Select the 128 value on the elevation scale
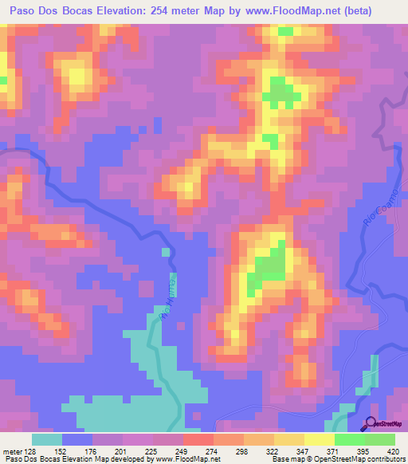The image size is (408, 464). [x=32, y=451]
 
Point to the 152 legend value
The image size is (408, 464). [x=62, y=451]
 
